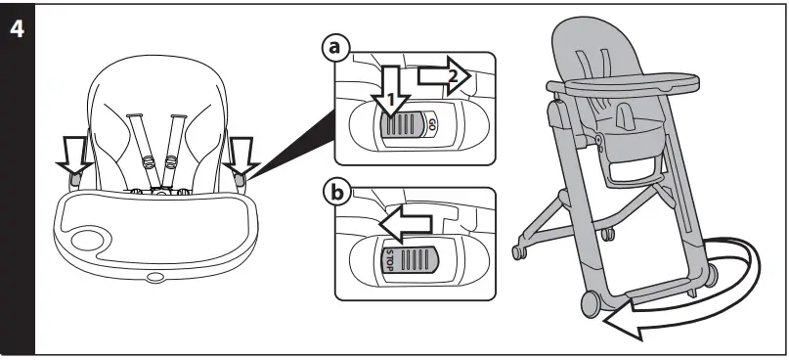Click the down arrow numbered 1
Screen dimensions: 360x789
tap(391, 94)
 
